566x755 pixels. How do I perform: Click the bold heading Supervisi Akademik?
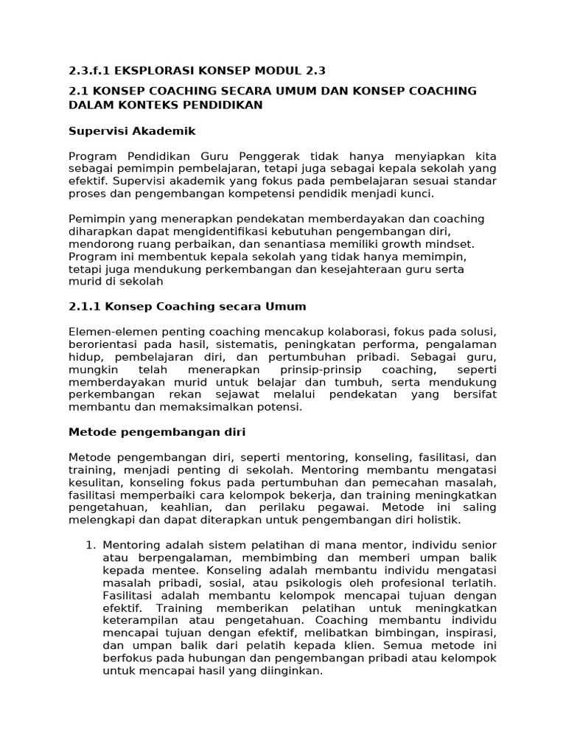[132, 131]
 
